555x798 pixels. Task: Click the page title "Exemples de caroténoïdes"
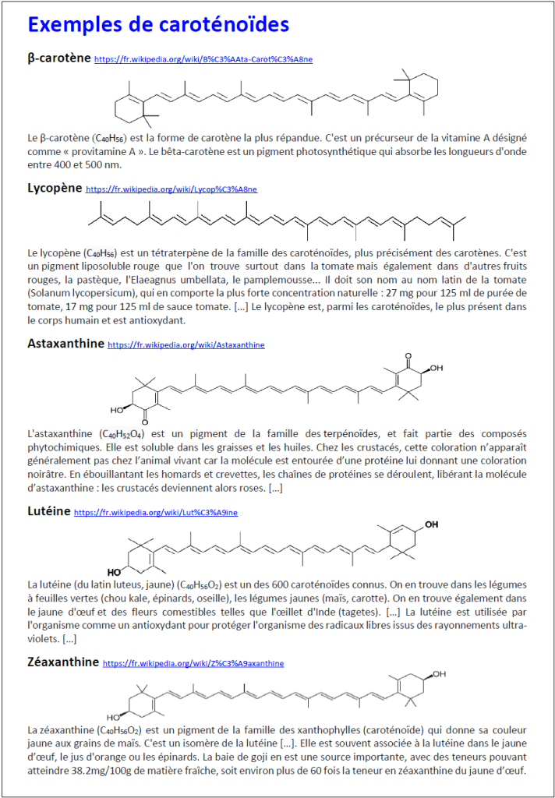158,25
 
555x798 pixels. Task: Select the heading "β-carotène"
58,58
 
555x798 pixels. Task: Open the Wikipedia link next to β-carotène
203,59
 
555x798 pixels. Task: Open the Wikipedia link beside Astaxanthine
186,344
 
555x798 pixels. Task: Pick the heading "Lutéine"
48,511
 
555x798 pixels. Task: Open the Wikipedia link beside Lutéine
167,513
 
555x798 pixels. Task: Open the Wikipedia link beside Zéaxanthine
193,663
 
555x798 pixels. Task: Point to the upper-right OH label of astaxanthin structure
436,367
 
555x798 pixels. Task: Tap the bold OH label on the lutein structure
431,524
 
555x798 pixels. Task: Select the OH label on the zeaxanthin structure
440,674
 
